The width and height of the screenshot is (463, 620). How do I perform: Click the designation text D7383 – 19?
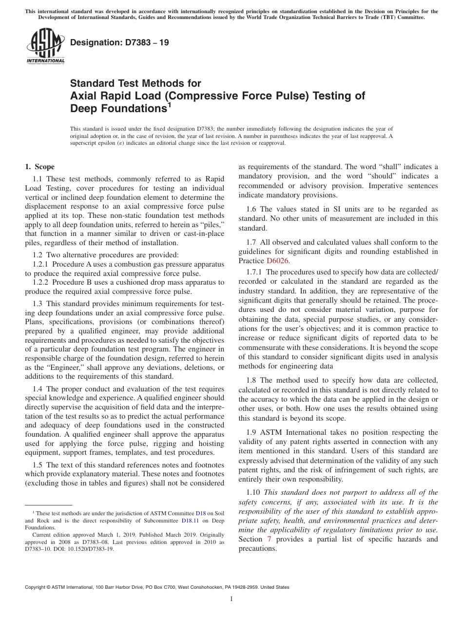[120, 42]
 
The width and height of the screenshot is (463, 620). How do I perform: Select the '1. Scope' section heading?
[40, 167]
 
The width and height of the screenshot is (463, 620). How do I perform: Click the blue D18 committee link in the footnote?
[201, 513]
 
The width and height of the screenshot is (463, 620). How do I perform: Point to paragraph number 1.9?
[252, 432]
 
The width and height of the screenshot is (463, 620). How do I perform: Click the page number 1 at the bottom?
[231, 599]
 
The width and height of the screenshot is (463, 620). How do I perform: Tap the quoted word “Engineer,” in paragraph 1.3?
[62, 367]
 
